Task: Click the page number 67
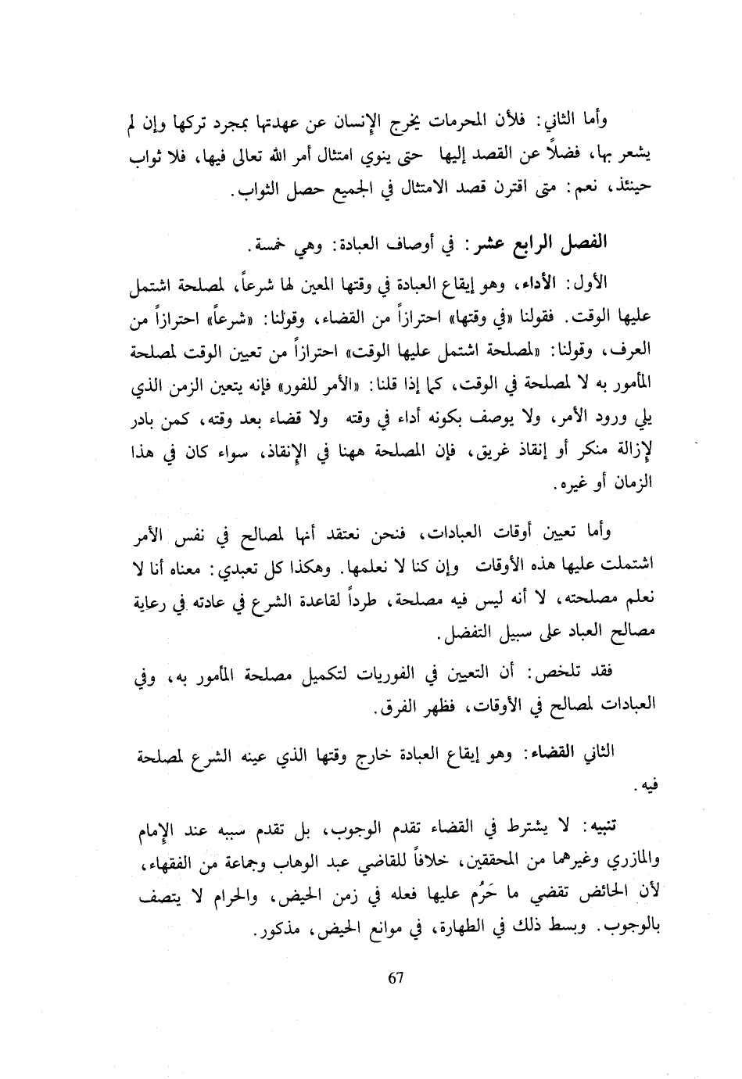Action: tap(395, 978)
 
